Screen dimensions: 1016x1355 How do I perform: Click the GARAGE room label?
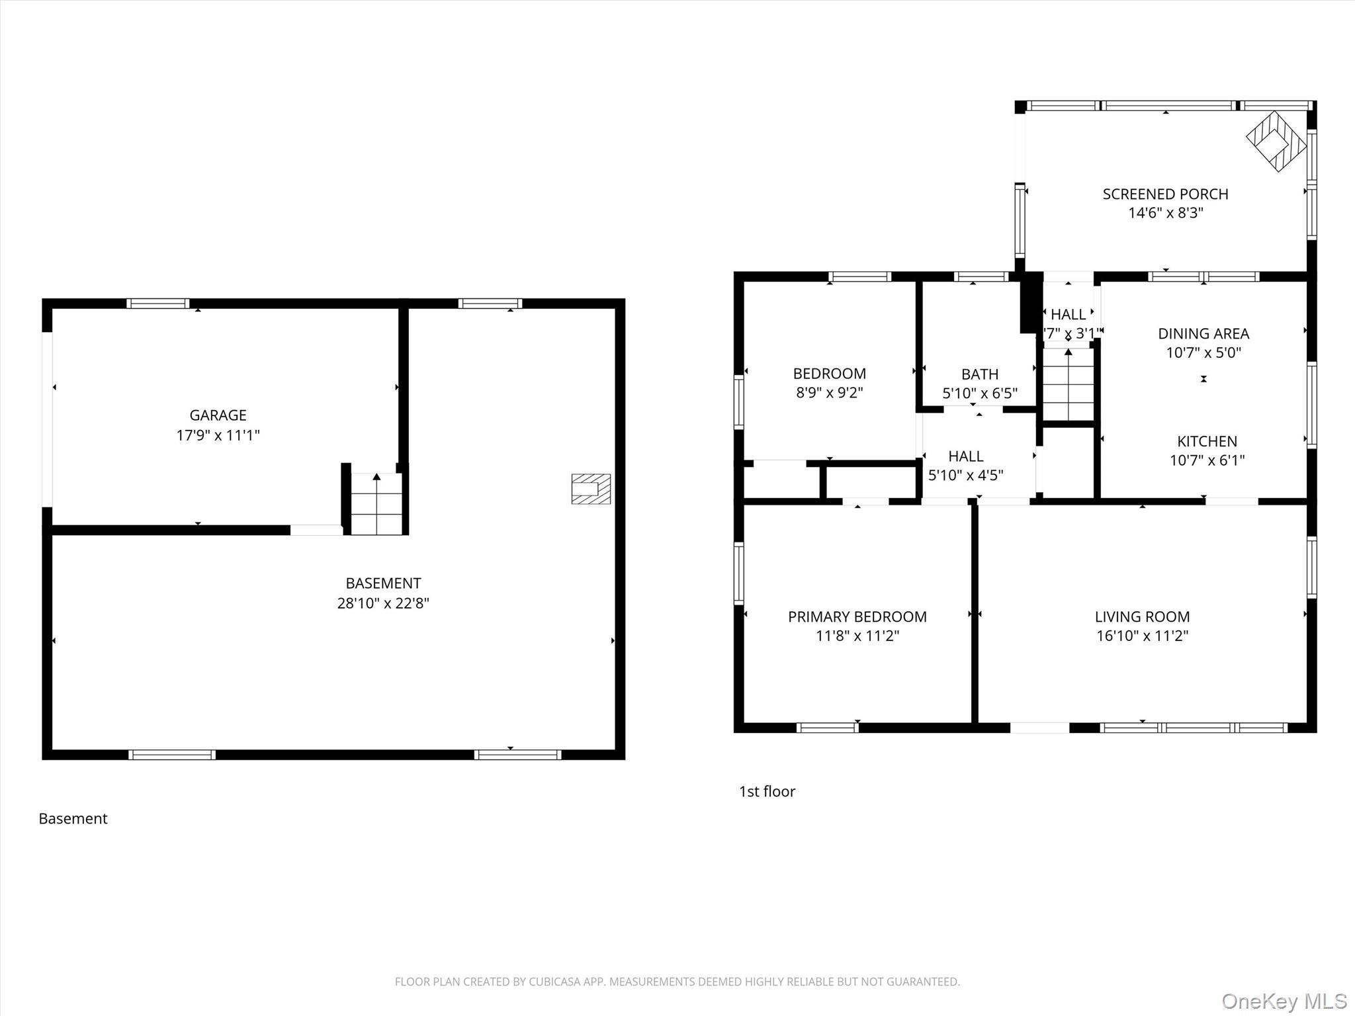[x=218, y=415]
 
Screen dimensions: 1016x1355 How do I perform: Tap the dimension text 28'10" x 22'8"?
[x=383, y=603]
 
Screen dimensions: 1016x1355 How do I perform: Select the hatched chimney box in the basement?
[x=591, y=489]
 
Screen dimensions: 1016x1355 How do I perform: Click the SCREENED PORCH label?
[x=1165, y=194]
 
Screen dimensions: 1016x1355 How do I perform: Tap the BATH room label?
[x=980, y=374]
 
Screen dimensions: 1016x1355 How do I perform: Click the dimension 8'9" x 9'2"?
[x=829, y=392]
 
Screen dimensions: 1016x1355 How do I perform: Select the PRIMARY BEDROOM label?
[x=857, y=616]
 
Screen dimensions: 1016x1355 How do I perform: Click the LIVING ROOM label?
[x=1142, y=616]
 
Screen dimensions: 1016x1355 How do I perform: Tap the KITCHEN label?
[x=1207, y=441]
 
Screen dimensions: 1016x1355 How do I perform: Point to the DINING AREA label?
[x=1203, y=333]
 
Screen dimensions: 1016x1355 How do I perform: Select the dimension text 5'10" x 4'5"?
[x=965, y=475]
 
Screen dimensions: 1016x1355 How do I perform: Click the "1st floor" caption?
[x=767, y=791]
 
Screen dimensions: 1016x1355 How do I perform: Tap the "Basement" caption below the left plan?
[x=73, y=818]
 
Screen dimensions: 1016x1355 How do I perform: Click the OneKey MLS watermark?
[x=1284, y=1001]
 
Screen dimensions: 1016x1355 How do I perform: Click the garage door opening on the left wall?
[x=47, y=419]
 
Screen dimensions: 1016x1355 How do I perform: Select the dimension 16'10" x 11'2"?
[x=1142, y=636]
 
